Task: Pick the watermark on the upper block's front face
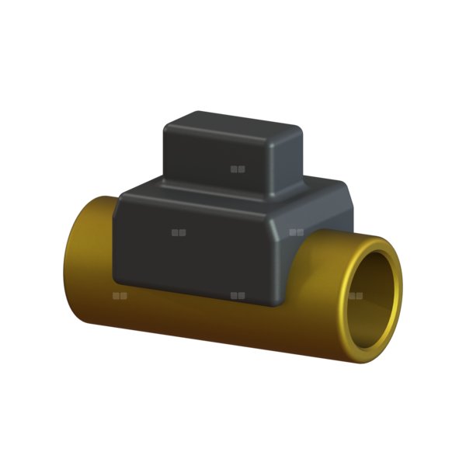coord(238,168)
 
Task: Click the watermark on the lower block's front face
coord(179,231)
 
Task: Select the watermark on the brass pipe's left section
coord(120,295)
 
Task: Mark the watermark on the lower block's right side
coord(296,231)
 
